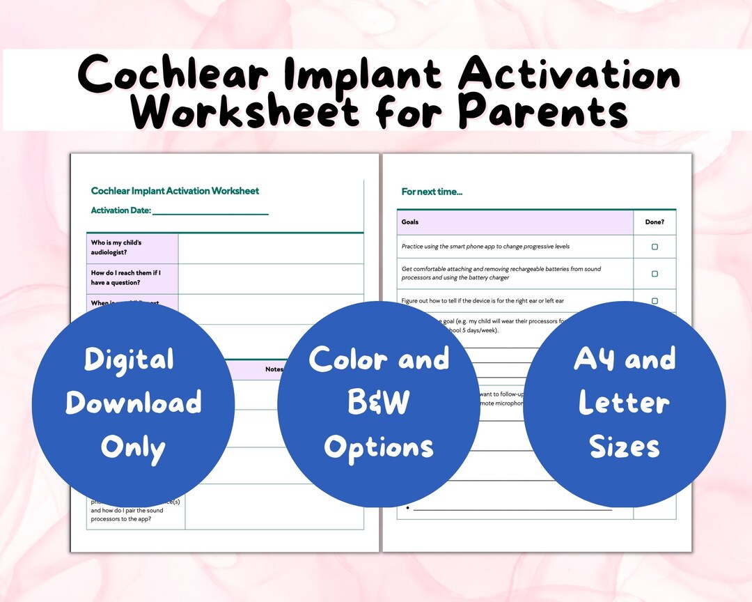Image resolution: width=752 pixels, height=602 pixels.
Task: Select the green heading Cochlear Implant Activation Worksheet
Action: pos(175,191)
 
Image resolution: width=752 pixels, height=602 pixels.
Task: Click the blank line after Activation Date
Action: pos(210,211)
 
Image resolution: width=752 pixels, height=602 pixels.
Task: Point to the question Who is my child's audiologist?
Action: pos(116,247)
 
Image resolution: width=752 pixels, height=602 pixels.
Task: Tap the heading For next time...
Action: pos(432,192)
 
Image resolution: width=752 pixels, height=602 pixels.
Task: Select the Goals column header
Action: pos(410,222)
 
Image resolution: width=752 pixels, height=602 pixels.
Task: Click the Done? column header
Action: pos(654,222)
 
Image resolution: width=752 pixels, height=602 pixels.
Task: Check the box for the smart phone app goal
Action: pos(655,247)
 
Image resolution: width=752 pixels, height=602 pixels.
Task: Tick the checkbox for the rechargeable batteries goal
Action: pos(655,274)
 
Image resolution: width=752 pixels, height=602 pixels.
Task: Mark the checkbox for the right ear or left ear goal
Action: pos(655,301)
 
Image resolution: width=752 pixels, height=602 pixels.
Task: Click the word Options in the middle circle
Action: pos(379,447)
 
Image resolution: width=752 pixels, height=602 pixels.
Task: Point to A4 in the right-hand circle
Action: pos(594,360)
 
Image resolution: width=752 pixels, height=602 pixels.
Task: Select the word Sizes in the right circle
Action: pos(625,447)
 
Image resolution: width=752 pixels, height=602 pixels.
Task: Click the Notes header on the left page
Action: pos(273,369)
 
